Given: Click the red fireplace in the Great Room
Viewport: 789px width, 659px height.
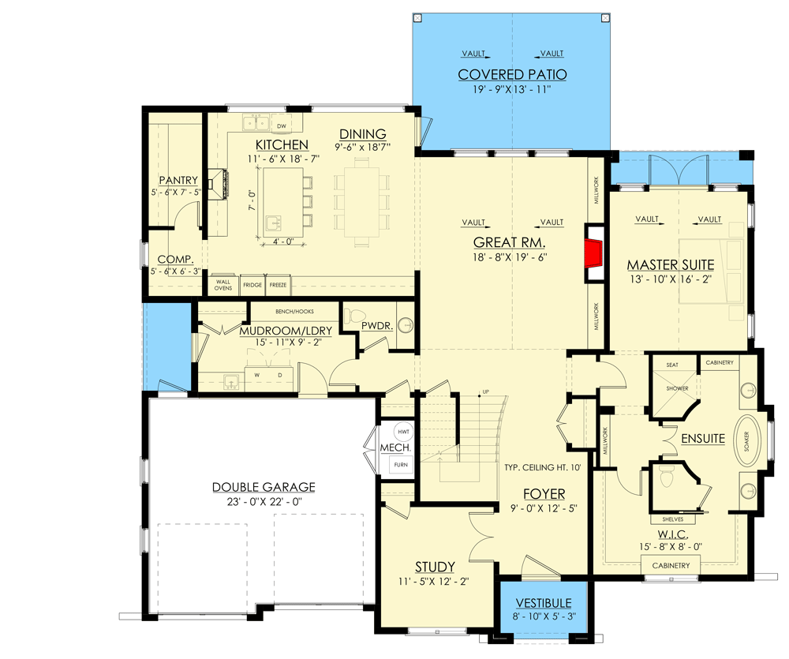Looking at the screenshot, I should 593,253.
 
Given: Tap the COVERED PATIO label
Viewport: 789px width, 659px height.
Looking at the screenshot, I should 513,75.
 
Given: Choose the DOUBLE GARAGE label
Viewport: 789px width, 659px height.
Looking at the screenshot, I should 263,487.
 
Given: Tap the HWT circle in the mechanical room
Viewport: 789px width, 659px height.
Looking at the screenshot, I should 403,432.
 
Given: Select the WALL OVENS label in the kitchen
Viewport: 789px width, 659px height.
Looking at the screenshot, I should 222,283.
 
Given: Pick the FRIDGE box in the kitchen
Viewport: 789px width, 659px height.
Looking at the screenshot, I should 252,284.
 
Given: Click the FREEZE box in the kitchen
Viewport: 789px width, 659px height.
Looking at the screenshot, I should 278,284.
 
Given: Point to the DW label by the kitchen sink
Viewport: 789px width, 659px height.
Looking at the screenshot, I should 282,125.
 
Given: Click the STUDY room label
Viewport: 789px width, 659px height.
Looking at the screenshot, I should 435,567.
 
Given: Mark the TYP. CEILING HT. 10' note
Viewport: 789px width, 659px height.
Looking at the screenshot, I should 543,468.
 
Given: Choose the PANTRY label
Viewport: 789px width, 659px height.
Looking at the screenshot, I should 178,181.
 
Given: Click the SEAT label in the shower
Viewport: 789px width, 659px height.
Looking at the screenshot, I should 672,365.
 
